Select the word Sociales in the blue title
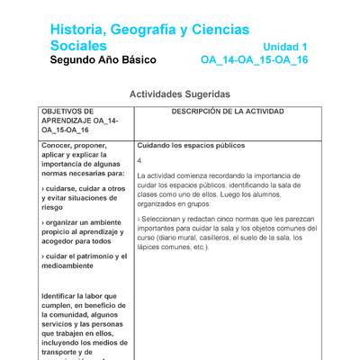click(x=78, y=46)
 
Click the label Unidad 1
click(x=285, y=47)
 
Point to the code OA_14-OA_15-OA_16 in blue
click(x=254, y=60)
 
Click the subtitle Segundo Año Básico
click(x=103, y=60)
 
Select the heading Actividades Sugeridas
click(x=180, y=94)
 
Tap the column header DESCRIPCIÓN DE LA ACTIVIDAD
click(x=228, y=112)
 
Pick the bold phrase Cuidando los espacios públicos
click(x=191, y=146)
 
